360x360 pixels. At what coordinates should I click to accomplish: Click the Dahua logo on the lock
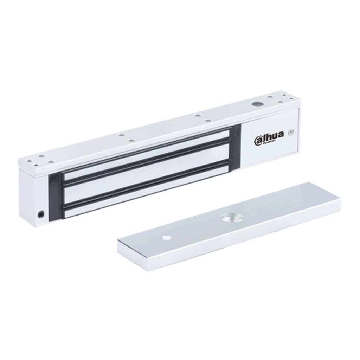coord(269,139)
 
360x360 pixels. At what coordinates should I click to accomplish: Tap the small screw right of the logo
coord(290,133)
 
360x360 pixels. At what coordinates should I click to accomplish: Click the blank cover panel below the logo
coord(271,153)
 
